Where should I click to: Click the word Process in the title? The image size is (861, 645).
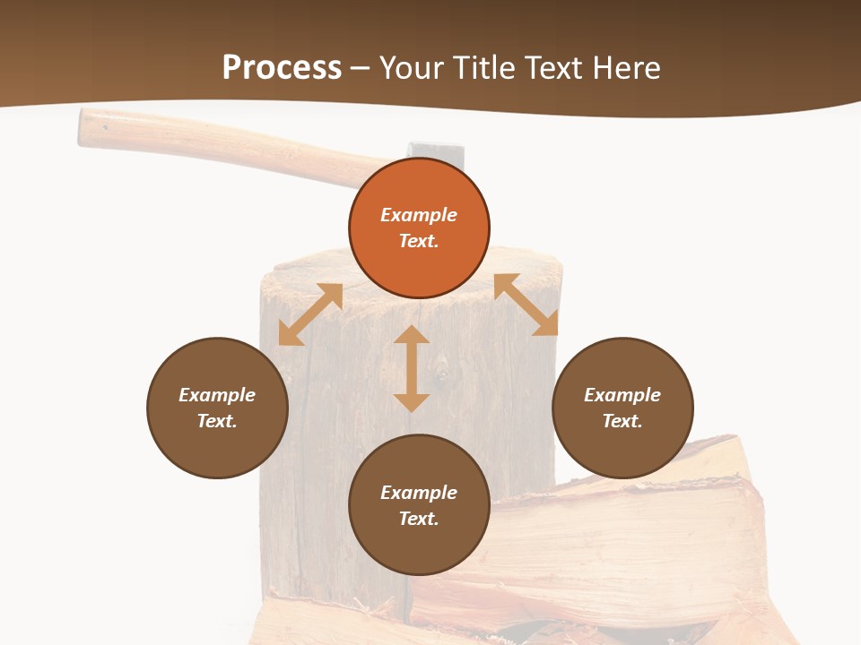click(282, 68)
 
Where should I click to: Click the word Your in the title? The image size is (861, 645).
click(411, 68)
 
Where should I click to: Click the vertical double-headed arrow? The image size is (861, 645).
click(412, 368)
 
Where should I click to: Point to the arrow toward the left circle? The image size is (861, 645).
click(310, 314)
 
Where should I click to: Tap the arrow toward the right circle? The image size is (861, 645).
click(526, 305)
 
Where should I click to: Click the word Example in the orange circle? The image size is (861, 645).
click(419, 215)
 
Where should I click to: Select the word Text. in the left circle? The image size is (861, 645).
click(217, 421)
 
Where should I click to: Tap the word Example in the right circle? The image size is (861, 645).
click(622, 395)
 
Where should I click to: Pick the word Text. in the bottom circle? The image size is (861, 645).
click(419, 519)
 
